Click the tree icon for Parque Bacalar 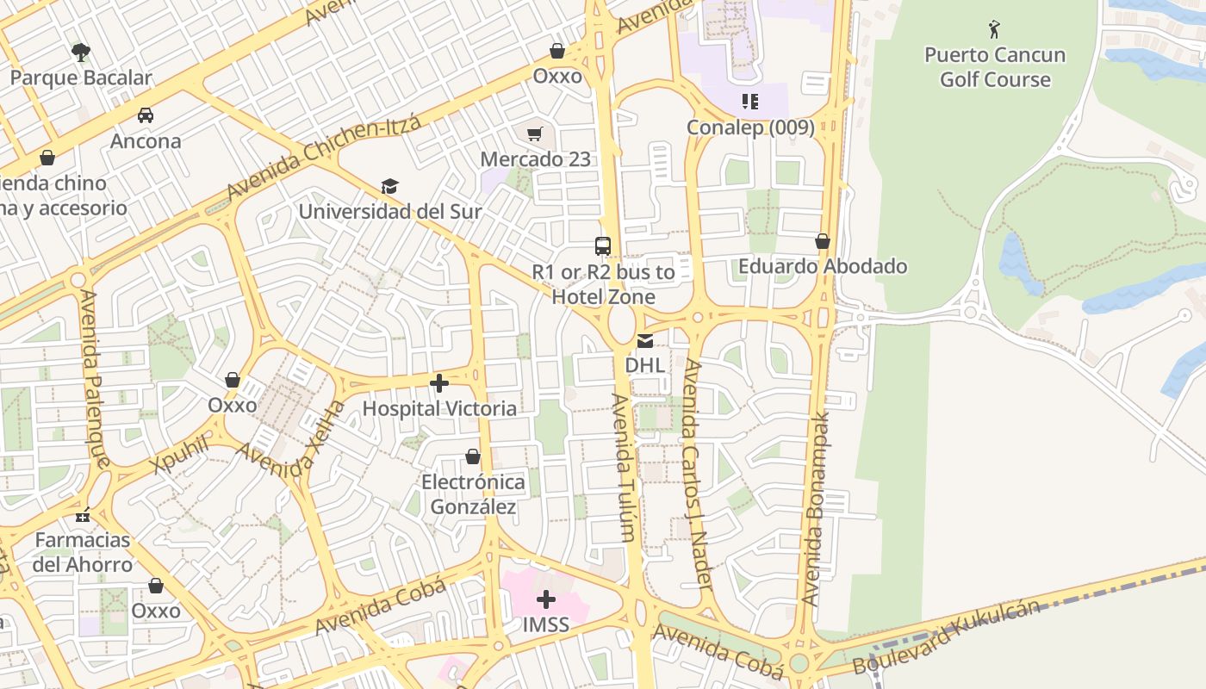[81, 53]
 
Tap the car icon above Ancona [146, 115]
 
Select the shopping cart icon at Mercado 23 [535, 133]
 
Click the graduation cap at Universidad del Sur [390, 187]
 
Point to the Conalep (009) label [749, 127]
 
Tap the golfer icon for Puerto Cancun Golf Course [994, 30]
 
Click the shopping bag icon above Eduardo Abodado [823, 241]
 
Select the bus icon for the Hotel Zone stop [603, 246]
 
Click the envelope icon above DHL [645, 341]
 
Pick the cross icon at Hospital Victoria [439, 383]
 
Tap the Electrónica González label [473, 494]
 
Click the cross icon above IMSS [546, 599]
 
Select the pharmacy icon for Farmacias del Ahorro [83, 516]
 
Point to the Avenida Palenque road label [95, 379]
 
